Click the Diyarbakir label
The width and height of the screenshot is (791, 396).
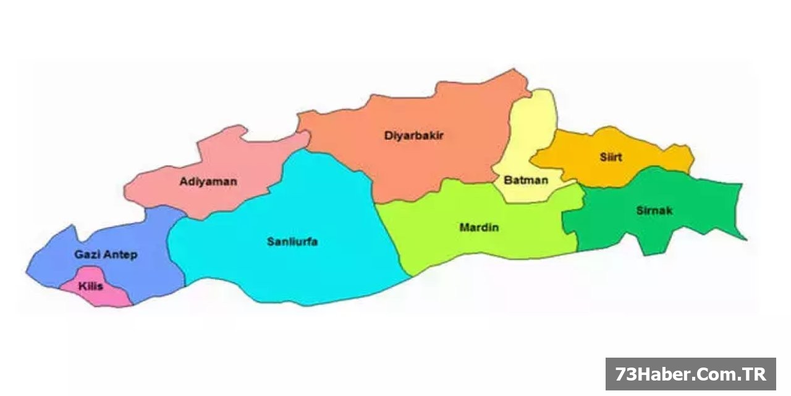point(414,136)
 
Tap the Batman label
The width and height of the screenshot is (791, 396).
point(526,181)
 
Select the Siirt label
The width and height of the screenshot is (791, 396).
point(611,157)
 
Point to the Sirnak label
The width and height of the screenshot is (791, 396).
point(654,211)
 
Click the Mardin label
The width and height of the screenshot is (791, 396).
point(479,228)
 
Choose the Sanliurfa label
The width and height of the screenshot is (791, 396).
point(292,242)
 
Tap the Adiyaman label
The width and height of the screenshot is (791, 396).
point(208,182)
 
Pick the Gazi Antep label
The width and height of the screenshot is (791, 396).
point(106,255)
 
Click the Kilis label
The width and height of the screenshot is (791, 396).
point(90,286)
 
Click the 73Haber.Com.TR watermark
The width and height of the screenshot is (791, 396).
point(690,374)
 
